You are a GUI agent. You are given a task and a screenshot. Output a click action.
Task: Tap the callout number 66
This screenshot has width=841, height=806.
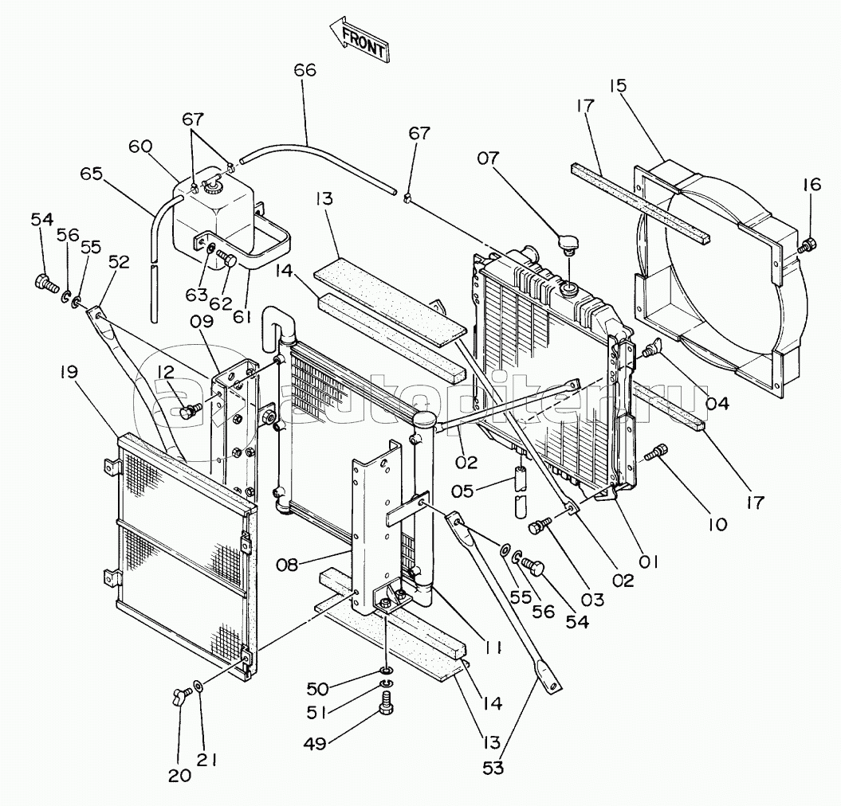tap(305, 71)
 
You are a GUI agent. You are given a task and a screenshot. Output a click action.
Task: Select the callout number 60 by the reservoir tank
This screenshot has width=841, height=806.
tap(140, 147)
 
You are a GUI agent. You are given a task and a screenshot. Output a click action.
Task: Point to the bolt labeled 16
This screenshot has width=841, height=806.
tap(808, 245)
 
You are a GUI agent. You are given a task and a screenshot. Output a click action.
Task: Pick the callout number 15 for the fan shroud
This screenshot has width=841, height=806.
tap(618, 86)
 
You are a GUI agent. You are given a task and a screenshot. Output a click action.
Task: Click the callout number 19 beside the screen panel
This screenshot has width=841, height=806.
tap(69, 373)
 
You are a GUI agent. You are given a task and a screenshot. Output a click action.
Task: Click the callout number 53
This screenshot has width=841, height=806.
tap(493, 768)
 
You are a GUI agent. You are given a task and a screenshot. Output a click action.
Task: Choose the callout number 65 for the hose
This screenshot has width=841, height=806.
tap(91, 174)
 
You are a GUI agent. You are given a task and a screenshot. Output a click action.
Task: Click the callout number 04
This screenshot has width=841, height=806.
tap(717, 403)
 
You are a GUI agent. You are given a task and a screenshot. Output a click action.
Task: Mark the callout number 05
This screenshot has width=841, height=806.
tap(462, 491)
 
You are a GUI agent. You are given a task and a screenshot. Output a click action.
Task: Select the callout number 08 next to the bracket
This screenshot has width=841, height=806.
tap(288, 565)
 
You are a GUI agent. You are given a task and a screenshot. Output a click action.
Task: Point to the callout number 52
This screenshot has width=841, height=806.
tap(119, 262)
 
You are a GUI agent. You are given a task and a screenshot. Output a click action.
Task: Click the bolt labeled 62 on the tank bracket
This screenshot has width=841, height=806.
tap(227, 263)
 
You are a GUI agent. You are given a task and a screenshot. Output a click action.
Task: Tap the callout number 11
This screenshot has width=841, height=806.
tap(491, 648)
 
